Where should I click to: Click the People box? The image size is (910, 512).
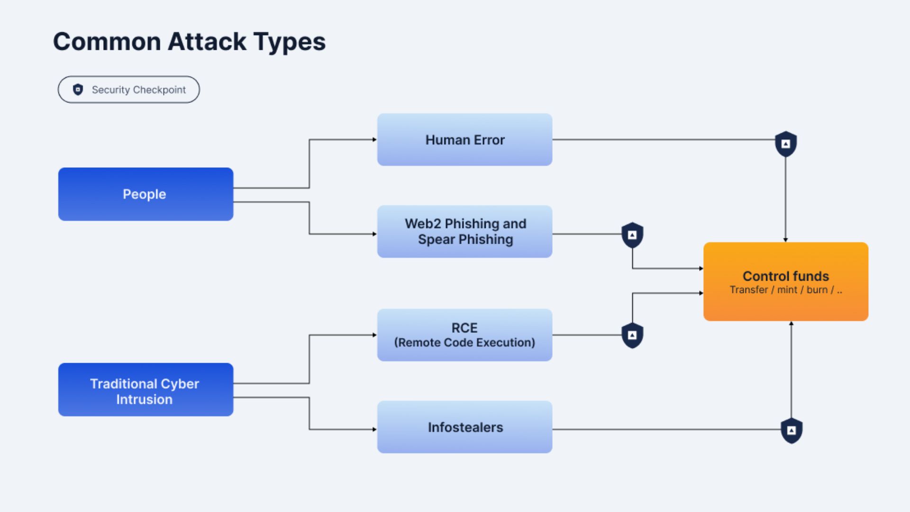tap(146, 194)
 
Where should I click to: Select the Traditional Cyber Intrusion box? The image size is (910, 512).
tap(146, 390)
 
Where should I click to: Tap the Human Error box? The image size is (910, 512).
tap(464, 139)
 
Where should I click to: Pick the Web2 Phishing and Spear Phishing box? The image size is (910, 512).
tap(464, 231)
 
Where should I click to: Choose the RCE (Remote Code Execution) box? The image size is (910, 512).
tap(464, 335)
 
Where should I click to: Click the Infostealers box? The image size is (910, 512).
tap(464, 427)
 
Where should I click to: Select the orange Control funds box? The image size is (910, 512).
tap(786, 282)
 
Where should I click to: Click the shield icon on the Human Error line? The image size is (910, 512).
tap(786, 144)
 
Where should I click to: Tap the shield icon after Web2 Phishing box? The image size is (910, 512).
tap(632, 235)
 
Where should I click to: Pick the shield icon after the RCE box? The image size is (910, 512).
tap(632, 336)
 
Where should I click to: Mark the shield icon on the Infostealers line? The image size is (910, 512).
tap(792, 430)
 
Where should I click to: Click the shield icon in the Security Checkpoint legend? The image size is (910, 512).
tap(78, 90)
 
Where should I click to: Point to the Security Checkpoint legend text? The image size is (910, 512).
tap(139, 90)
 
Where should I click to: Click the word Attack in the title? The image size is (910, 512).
tap(207, 41)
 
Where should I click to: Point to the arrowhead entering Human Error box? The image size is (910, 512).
tap(374, 139)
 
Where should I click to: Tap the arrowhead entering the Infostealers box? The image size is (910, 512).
tap(374, 430)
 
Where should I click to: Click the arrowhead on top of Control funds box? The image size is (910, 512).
tap(786, 240)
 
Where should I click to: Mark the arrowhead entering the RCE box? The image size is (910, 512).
tap(374, 335)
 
